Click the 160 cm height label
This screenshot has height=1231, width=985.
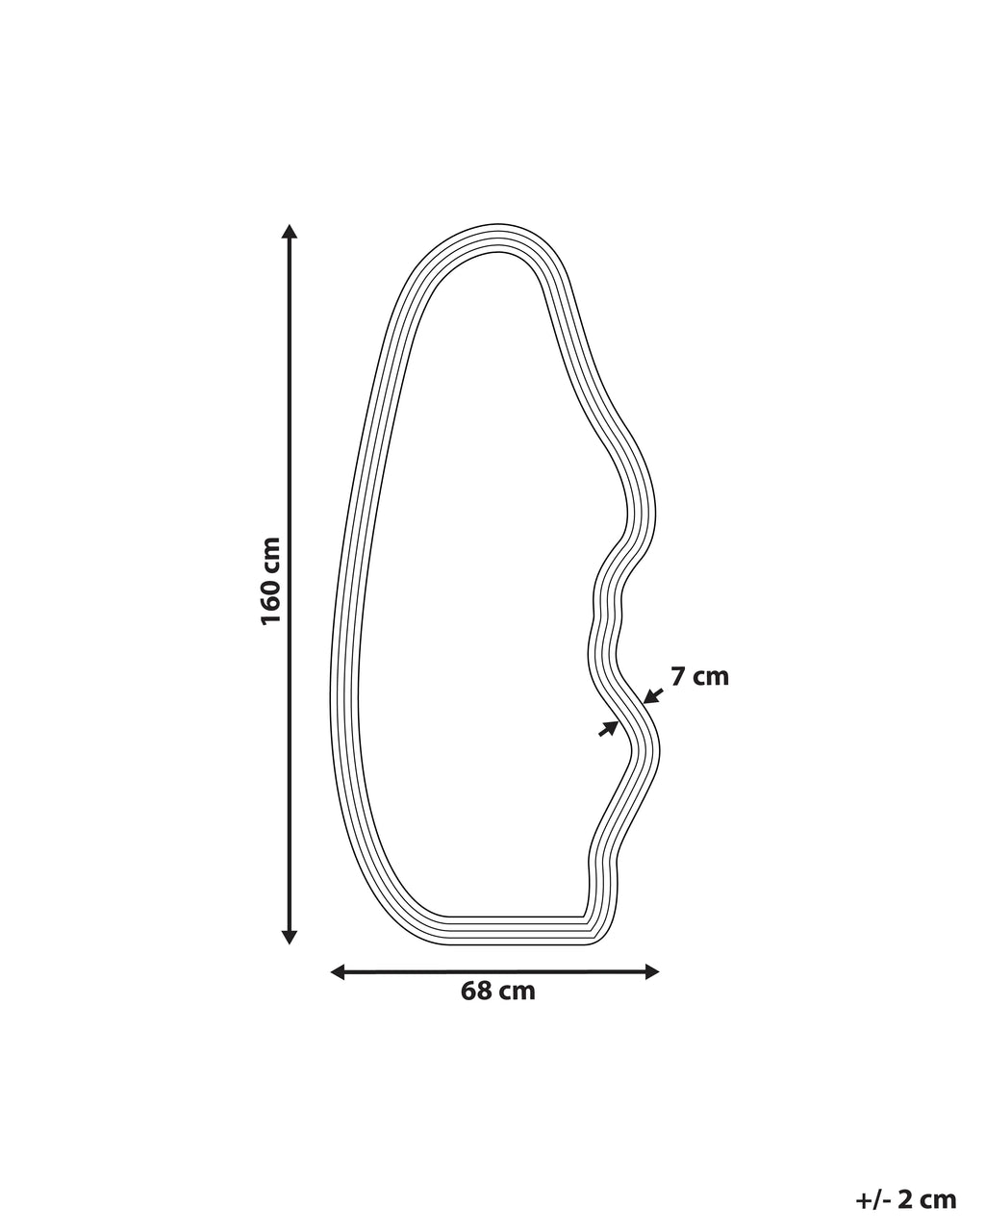click(x=271, y=581)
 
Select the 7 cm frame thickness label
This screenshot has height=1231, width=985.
click(x=699, y=677)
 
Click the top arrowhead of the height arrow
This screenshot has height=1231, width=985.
click(x=290, y=231)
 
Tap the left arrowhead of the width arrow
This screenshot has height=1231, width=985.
click(x=339, y=971)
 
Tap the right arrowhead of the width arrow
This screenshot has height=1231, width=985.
click(x=652, y=971)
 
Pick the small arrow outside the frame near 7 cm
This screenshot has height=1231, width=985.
click(x=653, y=695)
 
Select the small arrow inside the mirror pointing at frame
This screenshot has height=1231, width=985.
click(x=608, y=729)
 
